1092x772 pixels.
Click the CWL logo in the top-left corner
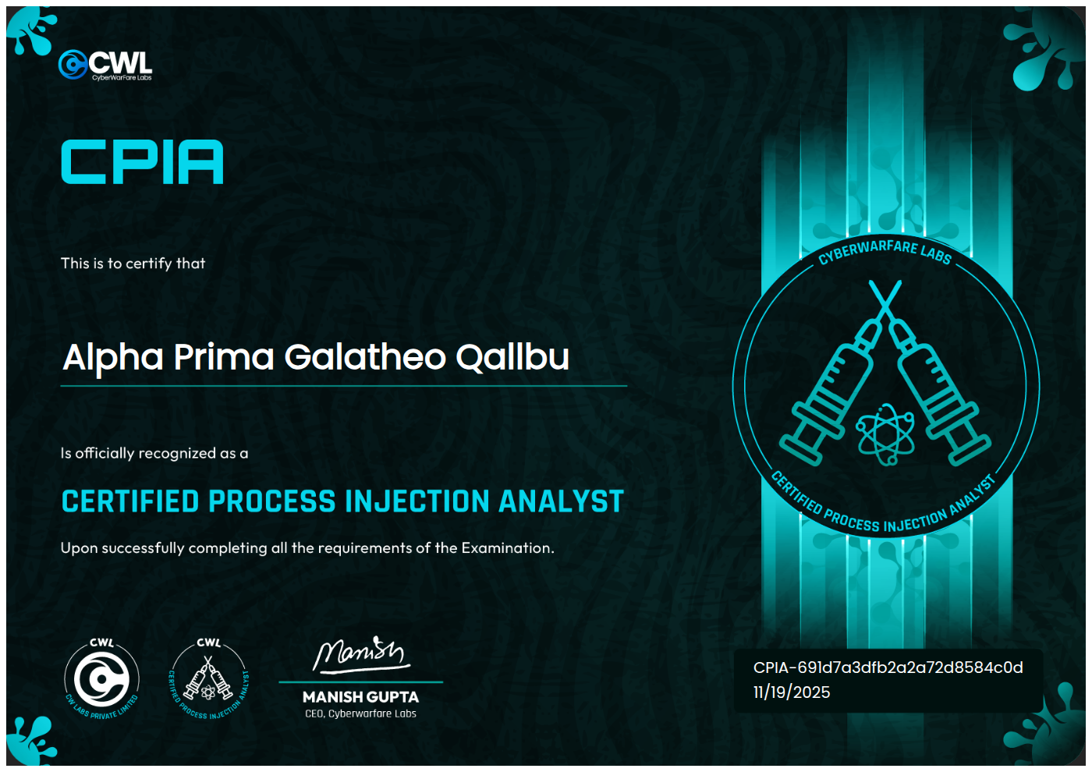click(105, 64)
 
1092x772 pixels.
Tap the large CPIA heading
click(142, 162)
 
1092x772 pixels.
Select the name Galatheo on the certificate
click(365, 357)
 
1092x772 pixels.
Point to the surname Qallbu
click(512, 358)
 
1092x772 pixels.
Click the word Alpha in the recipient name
click(112, 358)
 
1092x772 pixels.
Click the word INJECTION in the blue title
click(417, 501)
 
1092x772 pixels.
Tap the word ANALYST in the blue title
click(561, 501)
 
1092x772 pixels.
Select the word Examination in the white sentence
click(508, 547)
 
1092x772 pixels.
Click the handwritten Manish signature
click(361, 655)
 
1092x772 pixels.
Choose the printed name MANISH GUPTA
click(360, 697)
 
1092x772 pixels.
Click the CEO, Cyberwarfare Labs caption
click(360, 714)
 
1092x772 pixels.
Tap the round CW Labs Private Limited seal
click(102, 679)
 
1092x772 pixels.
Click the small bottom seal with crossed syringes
click(209, 679)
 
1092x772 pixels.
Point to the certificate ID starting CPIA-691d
click(888, 668)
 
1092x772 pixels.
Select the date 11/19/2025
click(792, 692)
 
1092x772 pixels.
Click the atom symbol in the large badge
click(885, 434)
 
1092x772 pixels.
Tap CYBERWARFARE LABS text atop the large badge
click(885, 253)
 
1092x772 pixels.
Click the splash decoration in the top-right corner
click(1044, 48)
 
